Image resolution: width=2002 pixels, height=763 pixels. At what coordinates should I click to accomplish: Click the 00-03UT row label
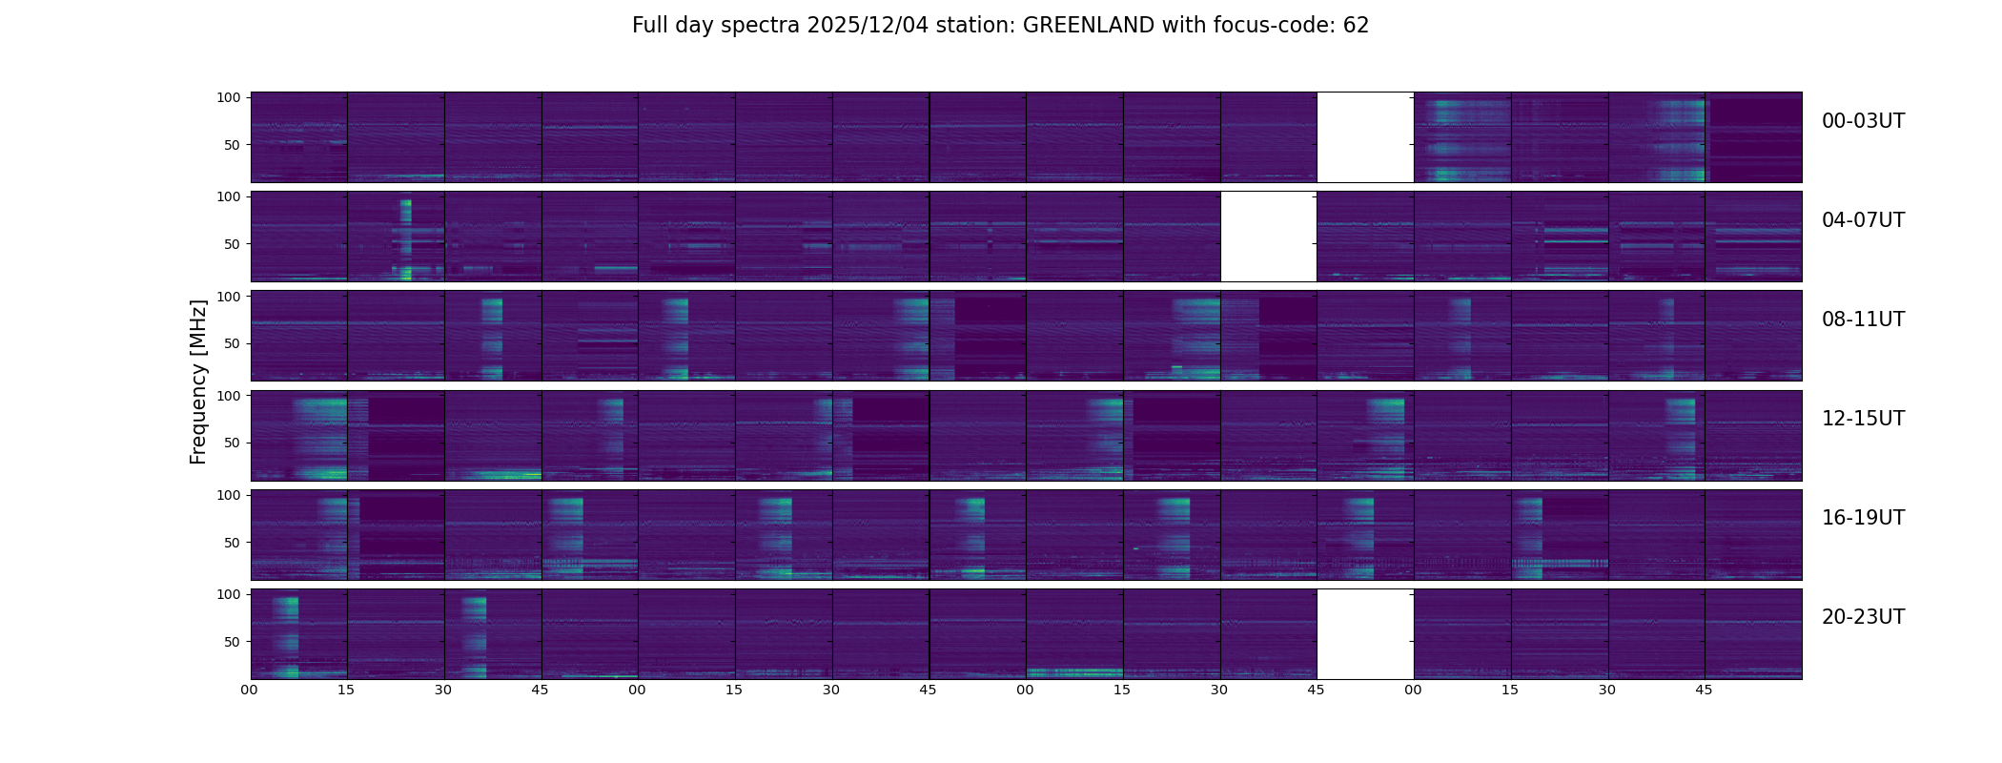point(1863,121)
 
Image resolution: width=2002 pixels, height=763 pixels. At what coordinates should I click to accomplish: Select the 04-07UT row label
point(1863,220)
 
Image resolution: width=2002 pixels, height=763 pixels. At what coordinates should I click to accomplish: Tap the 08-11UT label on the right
point(1863,320)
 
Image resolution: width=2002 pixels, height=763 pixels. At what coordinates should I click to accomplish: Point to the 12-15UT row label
point(1863,419)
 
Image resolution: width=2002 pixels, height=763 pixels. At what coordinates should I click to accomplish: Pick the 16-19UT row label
point(1863,518)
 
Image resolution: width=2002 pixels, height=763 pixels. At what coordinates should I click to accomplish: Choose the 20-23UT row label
point(1863,617)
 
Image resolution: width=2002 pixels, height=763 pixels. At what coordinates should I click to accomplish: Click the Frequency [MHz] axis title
point(198,381)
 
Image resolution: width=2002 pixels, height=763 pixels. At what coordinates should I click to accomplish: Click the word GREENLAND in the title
point(1088,26)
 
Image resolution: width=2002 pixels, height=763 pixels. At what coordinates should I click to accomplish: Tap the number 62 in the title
point(1356,26)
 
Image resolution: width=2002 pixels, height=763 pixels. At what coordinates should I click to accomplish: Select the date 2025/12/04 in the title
point(863,26)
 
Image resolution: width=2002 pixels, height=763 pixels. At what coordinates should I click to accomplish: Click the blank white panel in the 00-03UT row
point(1365,137)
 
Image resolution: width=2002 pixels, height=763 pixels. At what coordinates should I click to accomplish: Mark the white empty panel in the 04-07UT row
point(1268,237)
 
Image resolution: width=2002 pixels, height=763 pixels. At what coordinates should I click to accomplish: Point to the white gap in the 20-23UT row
point(1365,634)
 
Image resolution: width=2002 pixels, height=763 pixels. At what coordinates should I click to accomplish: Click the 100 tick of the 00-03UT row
point(229,97)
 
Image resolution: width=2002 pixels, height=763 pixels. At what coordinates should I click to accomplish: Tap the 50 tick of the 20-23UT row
point(233,642)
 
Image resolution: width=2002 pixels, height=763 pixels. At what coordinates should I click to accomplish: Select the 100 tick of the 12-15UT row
point(229,395)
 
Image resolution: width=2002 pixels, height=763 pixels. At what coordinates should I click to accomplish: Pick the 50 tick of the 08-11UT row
point(233,343)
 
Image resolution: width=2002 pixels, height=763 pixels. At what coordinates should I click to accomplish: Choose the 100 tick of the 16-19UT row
point(229,495)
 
